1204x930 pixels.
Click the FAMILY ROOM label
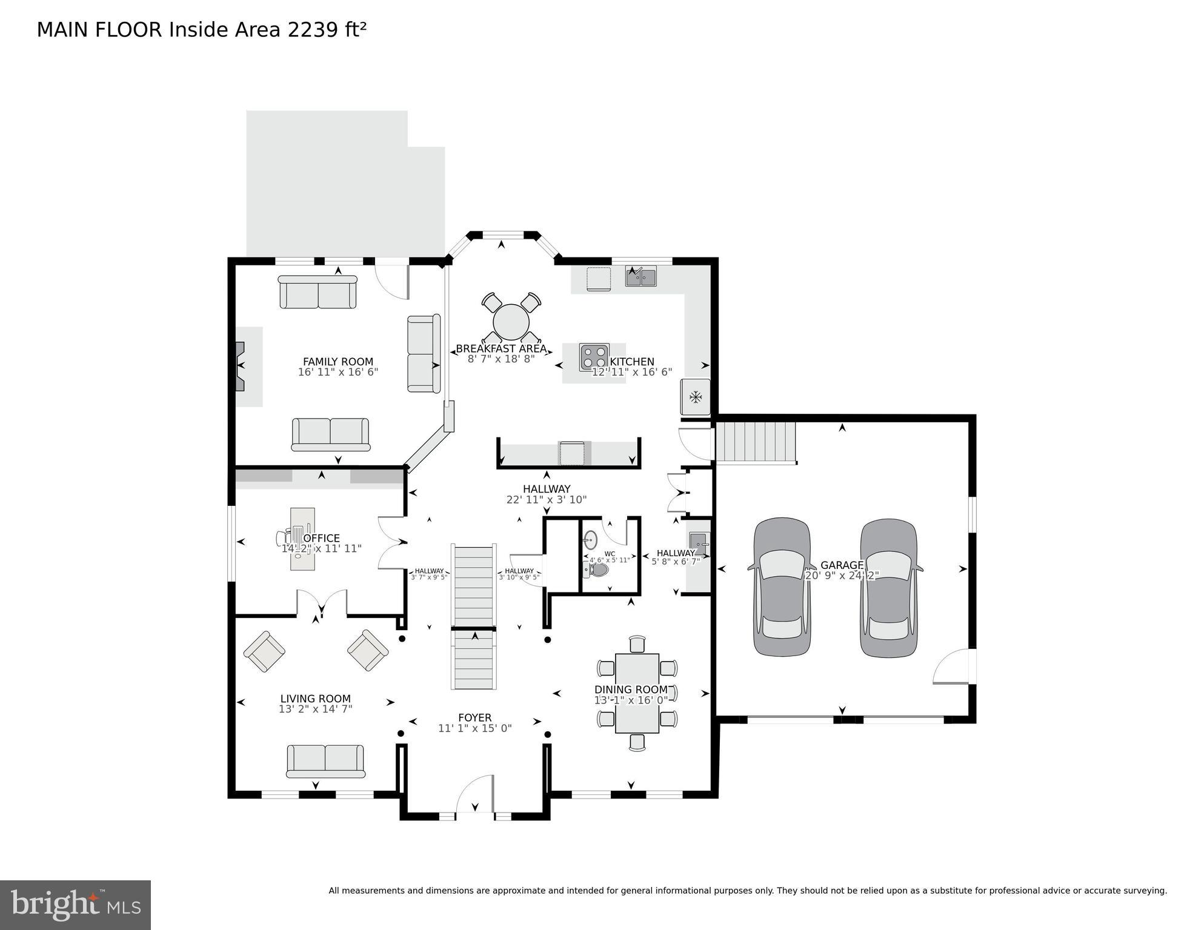pyautogui.click(x=338, y=362)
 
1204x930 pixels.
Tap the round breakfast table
pyautogui.click(x=511, y=322)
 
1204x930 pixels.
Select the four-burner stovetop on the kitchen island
pyautogui.click(x=594, y=357)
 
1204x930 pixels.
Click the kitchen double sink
pyautogui.click(x=640, y=277)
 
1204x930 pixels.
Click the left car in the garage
pyautogui.click(x=782, y=586)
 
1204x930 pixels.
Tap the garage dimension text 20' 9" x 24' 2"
pyautogui.click(x=842, y=576)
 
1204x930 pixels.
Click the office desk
pyautogui.click(x=302, y=539)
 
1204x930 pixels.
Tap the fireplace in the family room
pyautogui.click(x=240, y=366)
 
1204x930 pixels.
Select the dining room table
pyautogui.click(x=637, y=693)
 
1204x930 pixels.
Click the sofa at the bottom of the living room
pyautogui.click(x=325, y=761)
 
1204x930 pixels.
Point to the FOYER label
pyautogui.click(x=474, y=717)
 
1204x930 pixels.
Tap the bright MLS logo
pyautogui.click(x=75, y=905)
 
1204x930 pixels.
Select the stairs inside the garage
pyautogui.click(x=756, y=442)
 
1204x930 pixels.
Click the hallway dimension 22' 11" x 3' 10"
pyautogui.click(x=546, y=500)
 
